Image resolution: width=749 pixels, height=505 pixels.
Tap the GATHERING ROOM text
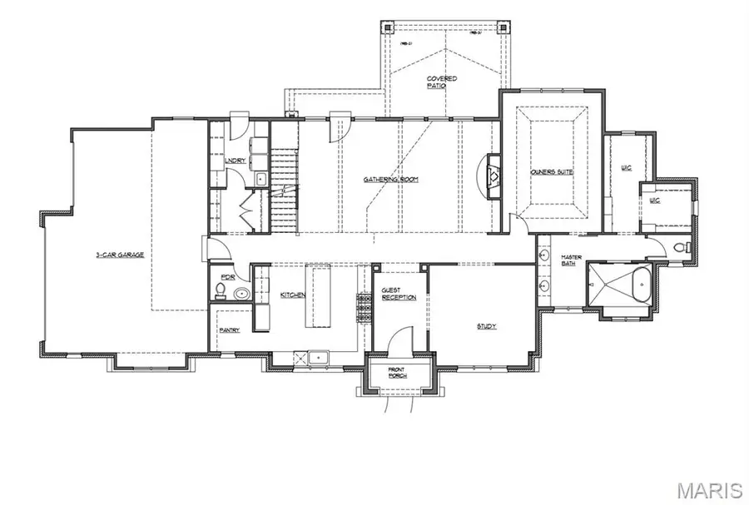pos(390,179)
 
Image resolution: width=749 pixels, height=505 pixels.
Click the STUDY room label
pos(487,326)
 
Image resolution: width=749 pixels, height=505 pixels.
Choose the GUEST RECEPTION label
pos(392,295)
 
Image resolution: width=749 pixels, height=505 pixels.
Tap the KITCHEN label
pos(292,295)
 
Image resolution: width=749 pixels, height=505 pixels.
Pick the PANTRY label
pos(230,330)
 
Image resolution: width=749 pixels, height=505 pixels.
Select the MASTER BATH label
pos(571,260)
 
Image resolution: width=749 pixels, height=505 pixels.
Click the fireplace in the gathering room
pos(493,176)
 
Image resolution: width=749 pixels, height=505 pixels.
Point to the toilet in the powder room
pos(220,290)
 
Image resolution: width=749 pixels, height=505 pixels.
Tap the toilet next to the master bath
pos(682,246)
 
